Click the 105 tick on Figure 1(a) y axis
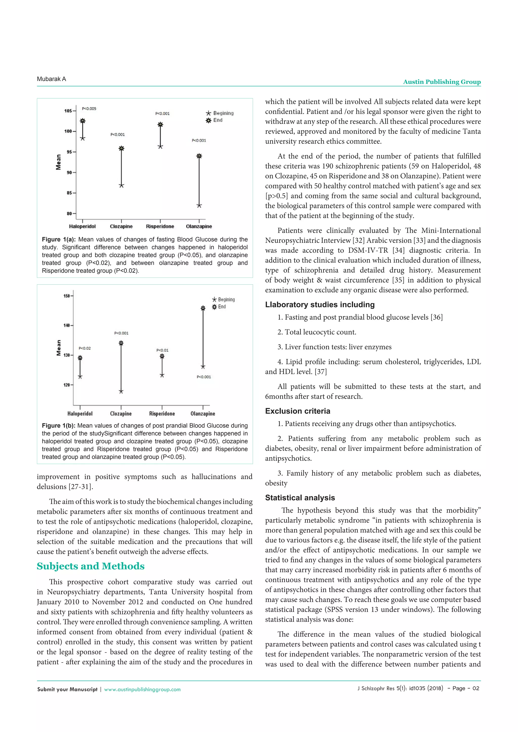[x=68, y=111]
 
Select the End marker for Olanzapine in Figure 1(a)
[x=199, y=156]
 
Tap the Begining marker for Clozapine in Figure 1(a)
[x=121, y=186]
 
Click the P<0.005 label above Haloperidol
[x=89, y=109]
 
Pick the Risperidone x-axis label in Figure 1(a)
[x=160, y=226]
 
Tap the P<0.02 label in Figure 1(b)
[x=84, y=348]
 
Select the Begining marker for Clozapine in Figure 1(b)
[x=121, y=392]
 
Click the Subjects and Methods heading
[x=91, y=566]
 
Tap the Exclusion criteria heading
[x=298, y=411]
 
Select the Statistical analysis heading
[x=300, y=498]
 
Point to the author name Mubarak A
[x=51, y=79]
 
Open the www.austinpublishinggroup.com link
[x=142, y=689]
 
